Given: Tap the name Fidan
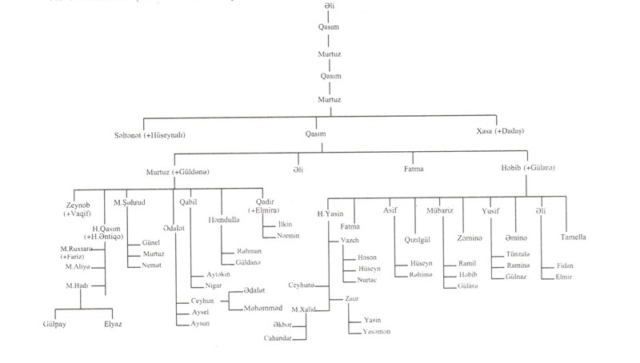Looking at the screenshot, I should [x=566, y=265].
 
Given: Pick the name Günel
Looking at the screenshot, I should [x=150, y=241].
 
